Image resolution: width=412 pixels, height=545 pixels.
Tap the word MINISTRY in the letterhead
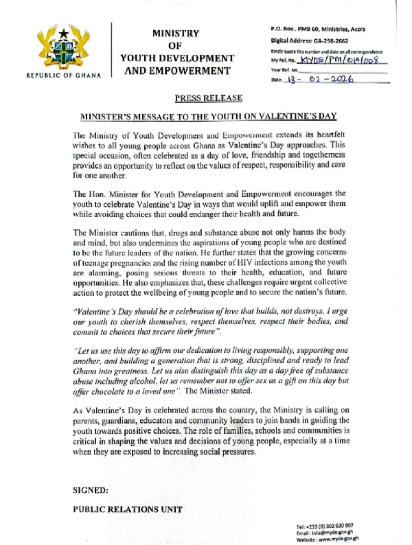[174, 32]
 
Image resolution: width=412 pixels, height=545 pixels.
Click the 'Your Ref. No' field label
[286, 70]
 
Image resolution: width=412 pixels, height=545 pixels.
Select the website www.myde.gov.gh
[343, 540]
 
